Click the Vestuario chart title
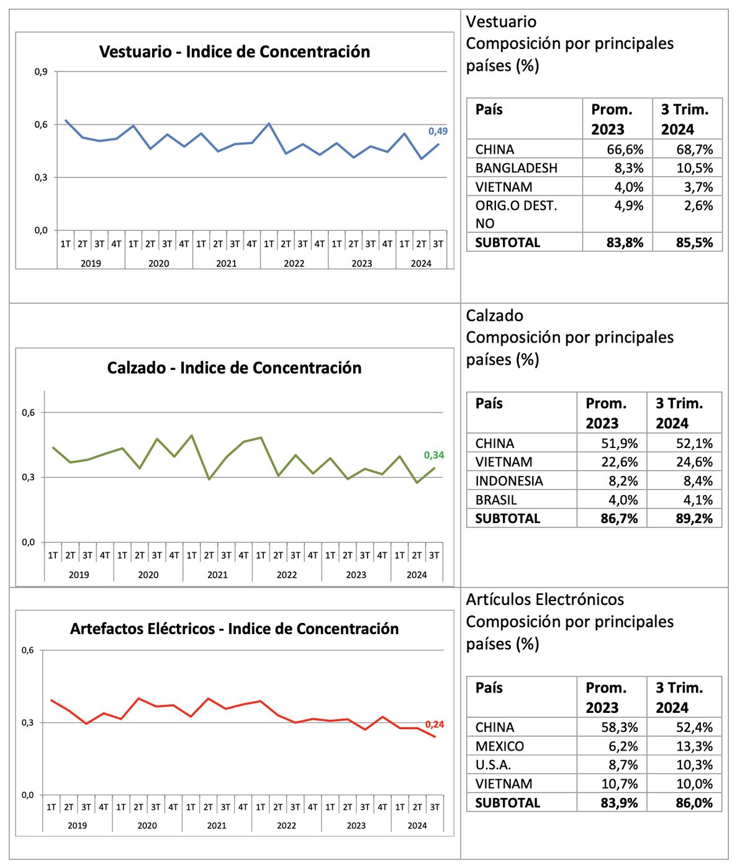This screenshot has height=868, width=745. [235, 51]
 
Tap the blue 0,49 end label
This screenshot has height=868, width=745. [438, 131]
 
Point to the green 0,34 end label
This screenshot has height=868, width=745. [433, 455]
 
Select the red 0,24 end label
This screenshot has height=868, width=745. [435, 725]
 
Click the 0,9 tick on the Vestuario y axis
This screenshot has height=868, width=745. [41, 72]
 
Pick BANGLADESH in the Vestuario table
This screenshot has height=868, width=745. [517, 168]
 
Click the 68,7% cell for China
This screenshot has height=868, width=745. [694, 150]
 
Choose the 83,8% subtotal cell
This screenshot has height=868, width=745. [625, 243]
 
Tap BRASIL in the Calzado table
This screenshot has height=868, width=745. [496, 500]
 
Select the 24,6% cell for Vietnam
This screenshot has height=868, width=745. [694, 462]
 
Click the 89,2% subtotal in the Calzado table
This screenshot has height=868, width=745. [694, 519]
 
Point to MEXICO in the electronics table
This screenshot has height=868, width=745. [500, 746]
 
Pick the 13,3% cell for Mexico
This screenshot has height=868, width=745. [694, 746]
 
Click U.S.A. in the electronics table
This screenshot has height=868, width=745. [494, 765]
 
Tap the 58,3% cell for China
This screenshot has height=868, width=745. [620, 727]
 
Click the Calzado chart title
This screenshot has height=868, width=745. [234, 368]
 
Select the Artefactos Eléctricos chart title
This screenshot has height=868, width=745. [234, 629]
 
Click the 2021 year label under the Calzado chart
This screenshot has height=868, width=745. [217, 575]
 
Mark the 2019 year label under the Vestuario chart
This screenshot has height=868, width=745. [91, 264]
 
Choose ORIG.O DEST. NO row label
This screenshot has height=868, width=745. [516, 214]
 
